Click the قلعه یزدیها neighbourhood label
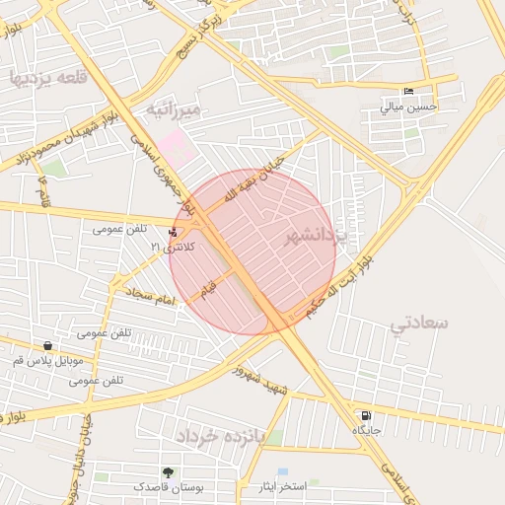pyautogui.click(x=47, y=77)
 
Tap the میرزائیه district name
pyautogui.click(x=174, y=108)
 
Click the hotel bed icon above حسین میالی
pyautogui.click(x=409, y=93)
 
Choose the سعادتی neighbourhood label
pyautogui.click(x=419, y=323)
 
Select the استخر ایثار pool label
pyautogui.click(x=283, y=487)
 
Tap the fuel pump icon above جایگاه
pyautogui.click(x=367, y=416)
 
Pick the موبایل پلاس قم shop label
pyautogui.click(x=47, y=361)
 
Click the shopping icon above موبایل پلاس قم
pyautogui.click(x=47, y=346)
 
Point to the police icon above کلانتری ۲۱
pyautogui.click(x=174, y=233)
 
